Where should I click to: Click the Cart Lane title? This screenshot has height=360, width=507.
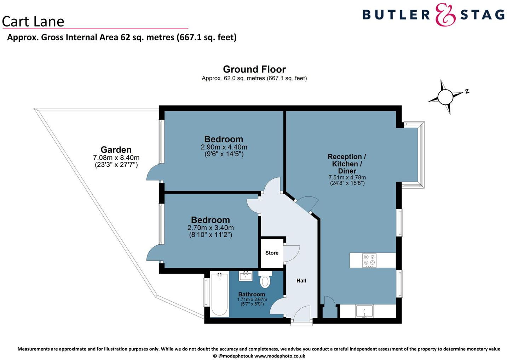(33, 22)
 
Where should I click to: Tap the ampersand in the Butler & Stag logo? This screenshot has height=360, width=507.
(445, 15)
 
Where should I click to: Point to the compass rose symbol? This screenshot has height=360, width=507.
(445, 97)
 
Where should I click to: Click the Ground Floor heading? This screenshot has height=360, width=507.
(254, 69)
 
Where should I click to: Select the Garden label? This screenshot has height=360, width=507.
(116, 150)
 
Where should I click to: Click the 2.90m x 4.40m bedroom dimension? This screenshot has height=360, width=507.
(224, 147)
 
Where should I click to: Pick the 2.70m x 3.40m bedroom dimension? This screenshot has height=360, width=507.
(211, 228)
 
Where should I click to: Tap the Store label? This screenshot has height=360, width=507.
(272, 253)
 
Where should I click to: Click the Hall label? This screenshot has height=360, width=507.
(301, 281)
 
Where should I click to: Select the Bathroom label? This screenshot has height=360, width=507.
(252, 294)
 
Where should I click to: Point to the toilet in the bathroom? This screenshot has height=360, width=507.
(265, 280)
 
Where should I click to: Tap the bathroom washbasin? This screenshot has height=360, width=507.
(246, 276)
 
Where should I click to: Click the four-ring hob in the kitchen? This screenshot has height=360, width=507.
(369, 261)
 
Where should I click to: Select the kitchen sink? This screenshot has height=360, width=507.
(364, 312)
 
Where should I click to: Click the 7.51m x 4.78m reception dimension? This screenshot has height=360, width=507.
(347, 178)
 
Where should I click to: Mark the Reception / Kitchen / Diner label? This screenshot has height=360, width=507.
(347, 164)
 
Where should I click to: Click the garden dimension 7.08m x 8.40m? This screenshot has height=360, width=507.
(116, 158)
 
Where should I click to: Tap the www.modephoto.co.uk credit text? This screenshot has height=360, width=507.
(280, 356)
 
